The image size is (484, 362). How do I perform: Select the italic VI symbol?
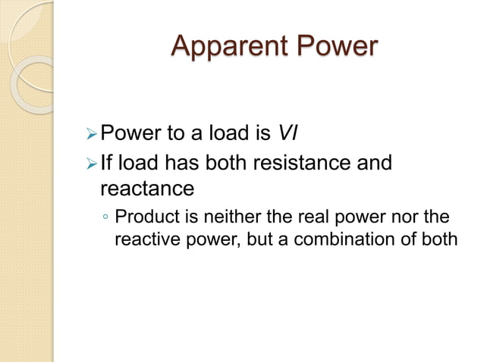tap(288, 135)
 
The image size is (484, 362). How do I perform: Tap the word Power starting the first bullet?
tap(127, 135)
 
